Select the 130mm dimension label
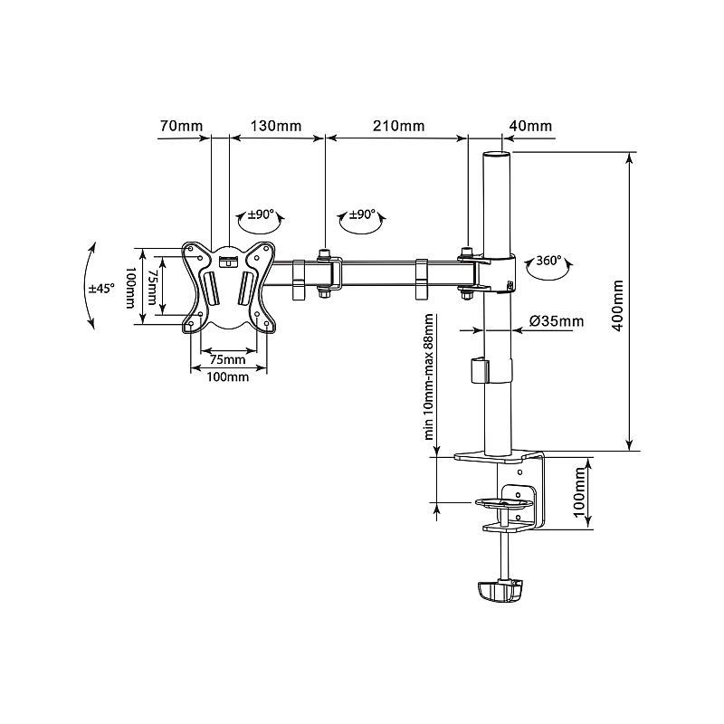(x=276, y=126)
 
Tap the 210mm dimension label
(x=399, y=126)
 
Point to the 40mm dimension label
(x=530, y=126)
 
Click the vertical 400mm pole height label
(x=618, y=305)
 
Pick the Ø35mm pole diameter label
(x=557, y=321)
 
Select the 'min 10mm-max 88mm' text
(x=429, y=375)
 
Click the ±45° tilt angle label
(x=100, y=289)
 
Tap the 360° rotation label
(x=548, y=261)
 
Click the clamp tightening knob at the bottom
(x=500, y=591)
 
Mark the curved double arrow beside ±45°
(x=88, y=286)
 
